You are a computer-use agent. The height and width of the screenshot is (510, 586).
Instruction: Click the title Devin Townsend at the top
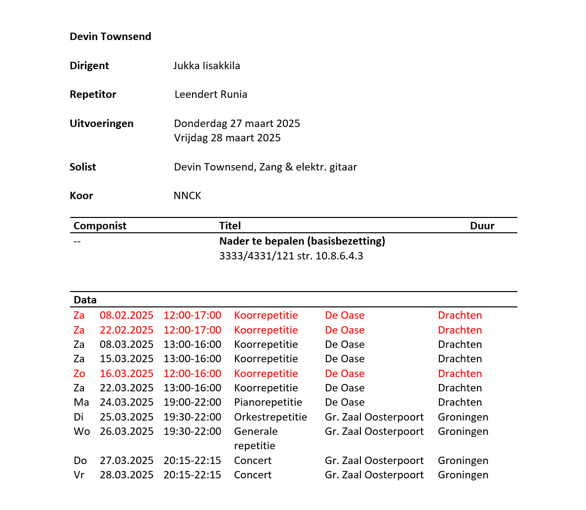pyautogui.click(x=110, y=37)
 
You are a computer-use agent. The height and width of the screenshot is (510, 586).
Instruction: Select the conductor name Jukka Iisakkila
pyautogui.click(x=206, y=66)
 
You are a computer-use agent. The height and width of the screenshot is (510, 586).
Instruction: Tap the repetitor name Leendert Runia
pyautogui.click(x=211, y=94)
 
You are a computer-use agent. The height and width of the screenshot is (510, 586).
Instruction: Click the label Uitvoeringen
pyautogui.click(x=101, y=124)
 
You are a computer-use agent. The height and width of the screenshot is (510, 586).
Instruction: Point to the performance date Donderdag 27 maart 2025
pyautogui.click(x=237, y=124)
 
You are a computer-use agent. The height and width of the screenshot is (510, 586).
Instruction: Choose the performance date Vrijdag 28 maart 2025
pyautogui.click(x=227, y=138)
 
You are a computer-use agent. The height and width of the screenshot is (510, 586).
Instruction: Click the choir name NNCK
pyautogui.click(x=187, y=196)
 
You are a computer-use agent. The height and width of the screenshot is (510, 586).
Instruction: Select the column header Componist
pyautogui.click(x=100, y=226)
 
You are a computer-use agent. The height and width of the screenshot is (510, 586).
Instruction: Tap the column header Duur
pyautogui.click(x=482, y=226)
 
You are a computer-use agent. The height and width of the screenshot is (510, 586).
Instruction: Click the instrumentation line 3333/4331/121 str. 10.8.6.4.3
pyautogui.click(x=291, y=256)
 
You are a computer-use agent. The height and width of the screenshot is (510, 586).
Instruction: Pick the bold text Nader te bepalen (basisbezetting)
pyautogui.click(x=302, y=241)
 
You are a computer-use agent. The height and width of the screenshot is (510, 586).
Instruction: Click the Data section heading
pyautogui.click(x=85, y=300)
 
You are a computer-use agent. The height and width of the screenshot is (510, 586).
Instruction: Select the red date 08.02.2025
pyautogui.click(x=126, y=315)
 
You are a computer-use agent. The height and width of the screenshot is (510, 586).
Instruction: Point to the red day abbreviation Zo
pyautogui.click(x=79, y=374)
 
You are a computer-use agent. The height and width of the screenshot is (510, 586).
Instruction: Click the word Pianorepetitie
pyautogui.click(x=268, y=402)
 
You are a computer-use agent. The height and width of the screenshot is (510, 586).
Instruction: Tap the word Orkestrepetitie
pyautogui.click(x=270, y=417)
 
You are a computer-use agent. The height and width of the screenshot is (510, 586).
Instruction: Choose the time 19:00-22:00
pyautogui.click(x=192, y=402)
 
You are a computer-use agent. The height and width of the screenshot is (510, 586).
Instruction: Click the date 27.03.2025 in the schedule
pyautogui.click(x=126, y=461)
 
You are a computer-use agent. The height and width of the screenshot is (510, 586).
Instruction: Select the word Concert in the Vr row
pyautogui.click(x=252, y=475)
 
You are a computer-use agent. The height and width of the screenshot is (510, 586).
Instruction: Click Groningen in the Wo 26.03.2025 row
pyautogui.click(x=463, y=431)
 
